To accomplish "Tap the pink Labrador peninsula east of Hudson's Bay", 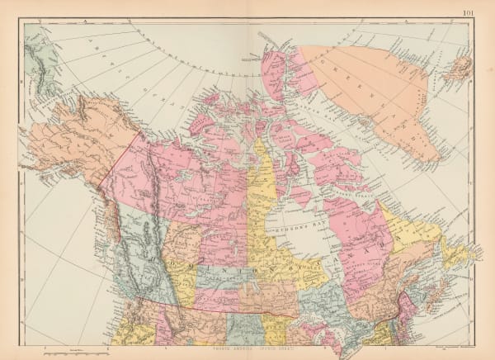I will point(355,239).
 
